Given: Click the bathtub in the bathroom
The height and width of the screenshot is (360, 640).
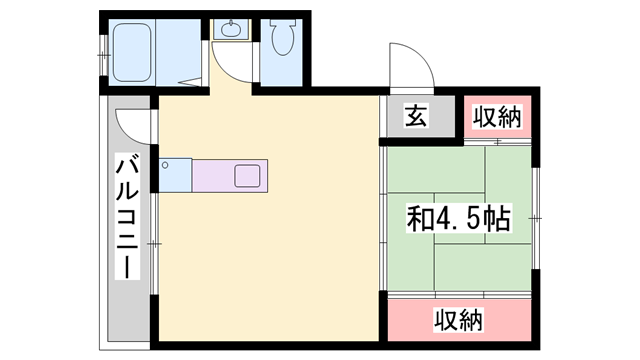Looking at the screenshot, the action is coord(132,52).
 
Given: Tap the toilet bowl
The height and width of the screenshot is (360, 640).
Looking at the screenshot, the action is coord(283,41).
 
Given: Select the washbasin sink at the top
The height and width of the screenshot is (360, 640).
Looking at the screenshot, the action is coord(231,29).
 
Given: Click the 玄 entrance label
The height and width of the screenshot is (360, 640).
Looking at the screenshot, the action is coord(416,116).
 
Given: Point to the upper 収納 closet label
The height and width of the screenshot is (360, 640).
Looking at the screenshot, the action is coord(497,116).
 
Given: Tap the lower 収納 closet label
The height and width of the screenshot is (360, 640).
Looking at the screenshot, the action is coord(458,319).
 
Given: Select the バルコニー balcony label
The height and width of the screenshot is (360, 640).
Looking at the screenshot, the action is coord(127,216).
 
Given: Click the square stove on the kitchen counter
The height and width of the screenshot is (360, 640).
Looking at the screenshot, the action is coord(247,176).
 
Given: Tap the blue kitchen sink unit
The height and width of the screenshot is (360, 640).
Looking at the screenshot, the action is coord(176,175).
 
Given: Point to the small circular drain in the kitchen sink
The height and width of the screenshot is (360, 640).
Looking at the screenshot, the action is coord(165,165).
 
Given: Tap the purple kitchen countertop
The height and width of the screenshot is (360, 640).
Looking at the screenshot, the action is coord(230,176).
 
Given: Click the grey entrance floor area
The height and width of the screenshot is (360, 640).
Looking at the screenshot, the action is coord(421,116).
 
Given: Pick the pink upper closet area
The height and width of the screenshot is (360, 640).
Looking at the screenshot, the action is coord(498,117).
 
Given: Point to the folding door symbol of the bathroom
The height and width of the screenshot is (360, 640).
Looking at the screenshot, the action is coord(190,82).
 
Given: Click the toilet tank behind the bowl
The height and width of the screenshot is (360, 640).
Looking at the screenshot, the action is coord(283,24).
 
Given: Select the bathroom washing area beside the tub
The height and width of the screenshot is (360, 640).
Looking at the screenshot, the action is coord(178,52).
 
